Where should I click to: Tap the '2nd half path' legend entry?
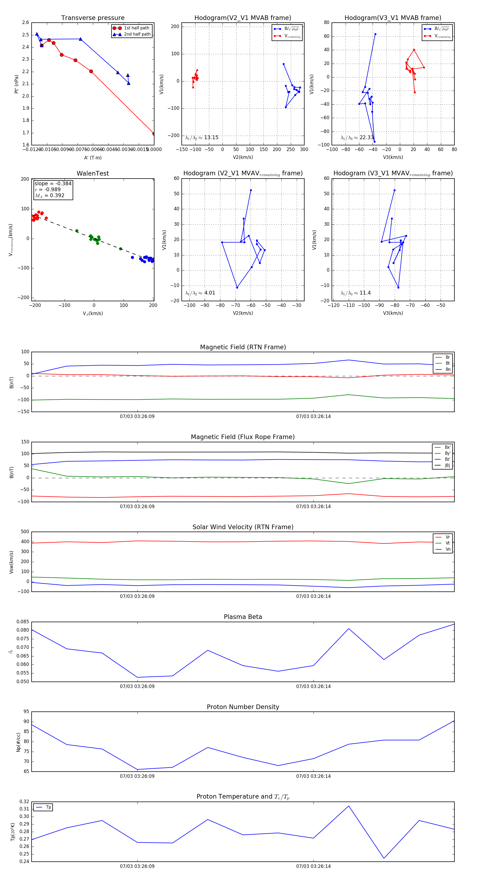click(137, 34)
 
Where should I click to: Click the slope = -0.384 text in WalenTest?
click(53, 183)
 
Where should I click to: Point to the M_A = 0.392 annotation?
click(49, 196)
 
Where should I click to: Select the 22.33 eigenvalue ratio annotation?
click(357, 138)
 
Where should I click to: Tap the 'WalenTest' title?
click(93, 173)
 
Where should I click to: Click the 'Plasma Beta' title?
click(243, 617)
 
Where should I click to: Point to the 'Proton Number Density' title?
click(243, 707)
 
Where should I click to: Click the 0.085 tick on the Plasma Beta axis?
click(23, 622)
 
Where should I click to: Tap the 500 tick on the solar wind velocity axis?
click(25, 532)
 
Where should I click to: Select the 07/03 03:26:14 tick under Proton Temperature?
click(313, 866)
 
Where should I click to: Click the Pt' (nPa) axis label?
click(16, 84)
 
